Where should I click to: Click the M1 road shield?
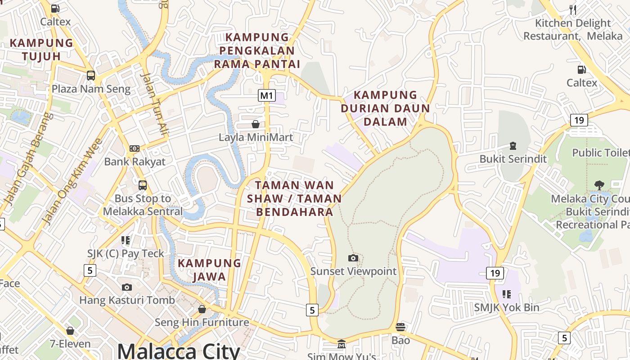[x=266, y=95]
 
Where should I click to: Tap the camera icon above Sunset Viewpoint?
[x=353, y=258]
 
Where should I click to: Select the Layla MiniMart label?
[x=256, y=137]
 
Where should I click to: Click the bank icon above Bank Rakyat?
[x=135, y=148]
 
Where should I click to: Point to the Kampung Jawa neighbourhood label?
[x=209, y=270]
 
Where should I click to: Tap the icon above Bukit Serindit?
[x=513, y=146]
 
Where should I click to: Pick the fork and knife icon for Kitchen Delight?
[x=573, y=9]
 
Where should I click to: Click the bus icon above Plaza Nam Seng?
[x=91, y=75]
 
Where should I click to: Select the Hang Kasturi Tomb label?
[x=127, y=300]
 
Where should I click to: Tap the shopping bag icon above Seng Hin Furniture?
[x=202, y=309]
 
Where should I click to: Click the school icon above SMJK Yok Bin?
[x=507, y=294]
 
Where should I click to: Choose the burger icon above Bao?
[x=400, y=327]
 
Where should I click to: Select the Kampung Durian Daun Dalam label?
[x=385, y=108]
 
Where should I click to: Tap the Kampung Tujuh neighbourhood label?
[x=41, y=49]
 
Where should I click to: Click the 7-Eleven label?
[x=70, y=344]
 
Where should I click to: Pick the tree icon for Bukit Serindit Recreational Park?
[x=599, y=185]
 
